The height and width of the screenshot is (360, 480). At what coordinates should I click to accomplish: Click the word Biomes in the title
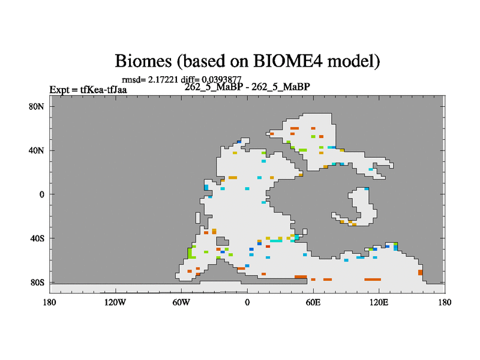click(143, 61)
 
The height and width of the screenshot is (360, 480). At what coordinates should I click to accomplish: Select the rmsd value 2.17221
click(163, 80)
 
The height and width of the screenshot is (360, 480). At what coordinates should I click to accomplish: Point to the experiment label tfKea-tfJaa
click(103, 89)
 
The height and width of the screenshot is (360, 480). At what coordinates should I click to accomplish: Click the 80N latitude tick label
click(37, 107)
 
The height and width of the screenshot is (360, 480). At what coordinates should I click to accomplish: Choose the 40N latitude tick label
click(37, 151)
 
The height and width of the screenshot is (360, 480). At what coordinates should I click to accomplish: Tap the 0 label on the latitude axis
click(41, 194)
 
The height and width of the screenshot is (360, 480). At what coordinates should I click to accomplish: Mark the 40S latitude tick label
click(37, 238)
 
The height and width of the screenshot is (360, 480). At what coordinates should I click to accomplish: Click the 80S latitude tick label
click(37, 282)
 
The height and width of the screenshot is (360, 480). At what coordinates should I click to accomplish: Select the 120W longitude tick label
click(115, 302)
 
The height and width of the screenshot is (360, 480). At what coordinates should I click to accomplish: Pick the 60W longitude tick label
click(181, 302)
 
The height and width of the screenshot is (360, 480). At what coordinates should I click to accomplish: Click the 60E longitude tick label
click(313, 302)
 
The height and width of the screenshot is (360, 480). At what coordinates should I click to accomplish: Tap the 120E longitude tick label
click(379, 302)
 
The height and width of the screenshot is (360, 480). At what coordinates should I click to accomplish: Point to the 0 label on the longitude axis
click(247, 302)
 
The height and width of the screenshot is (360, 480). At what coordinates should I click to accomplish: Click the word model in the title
click(353, 61)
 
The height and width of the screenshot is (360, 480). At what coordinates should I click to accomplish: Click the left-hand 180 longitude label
click(50, 302)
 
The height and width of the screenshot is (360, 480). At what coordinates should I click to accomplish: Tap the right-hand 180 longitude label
click(445, 302)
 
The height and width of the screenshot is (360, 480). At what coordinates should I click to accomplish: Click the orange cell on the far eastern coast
click(421, 272)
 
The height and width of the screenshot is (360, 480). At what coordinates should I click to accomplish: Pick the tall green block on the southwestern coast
click(190, 253)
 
